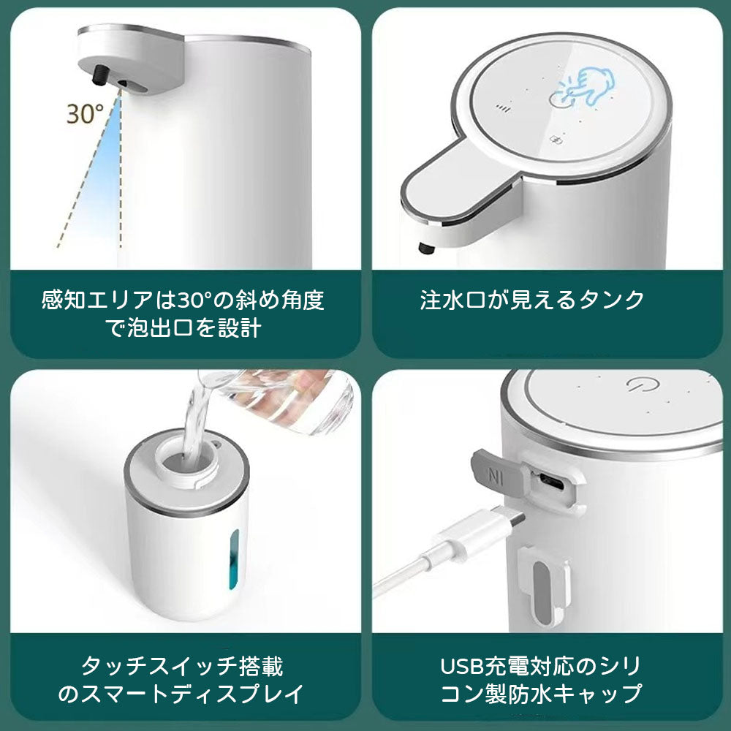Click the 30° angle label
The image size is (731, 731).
[x=85, y=114]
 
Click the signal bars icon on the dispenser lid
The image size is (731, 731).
[x=502, y=107]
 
